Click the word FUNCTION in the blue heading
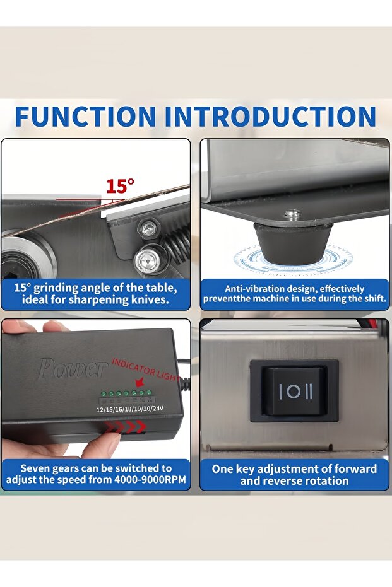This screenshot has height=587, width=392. (85, 117)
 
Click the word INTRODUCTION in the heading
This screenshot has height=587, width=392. (270, 117)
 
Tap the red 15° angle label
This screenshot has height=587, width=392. (120, 186)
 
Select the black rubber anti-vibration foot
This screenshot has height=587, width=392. (293, 241)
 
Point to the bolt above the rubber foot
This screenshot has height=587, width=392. (292, 215)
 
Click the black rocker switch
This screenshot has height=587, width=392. (294, 391)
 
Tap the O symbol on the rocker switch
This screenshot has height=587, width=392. (294, 392)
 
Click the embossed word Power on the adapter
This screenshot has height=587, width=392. (72, 369)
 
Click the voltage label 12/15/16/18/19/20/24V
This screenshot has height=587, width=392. (130, 409)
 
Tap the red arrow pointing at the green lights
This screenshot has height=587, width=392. (141, 382)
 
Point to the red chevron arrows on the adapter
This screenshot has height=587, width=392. (126, 426)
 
